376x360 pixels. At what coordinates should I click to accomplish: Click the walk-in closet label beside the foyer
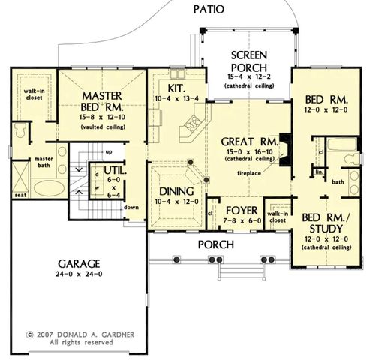[279, 218]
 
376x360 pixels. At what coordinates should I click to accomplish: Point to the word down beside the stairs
[131, 208]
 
